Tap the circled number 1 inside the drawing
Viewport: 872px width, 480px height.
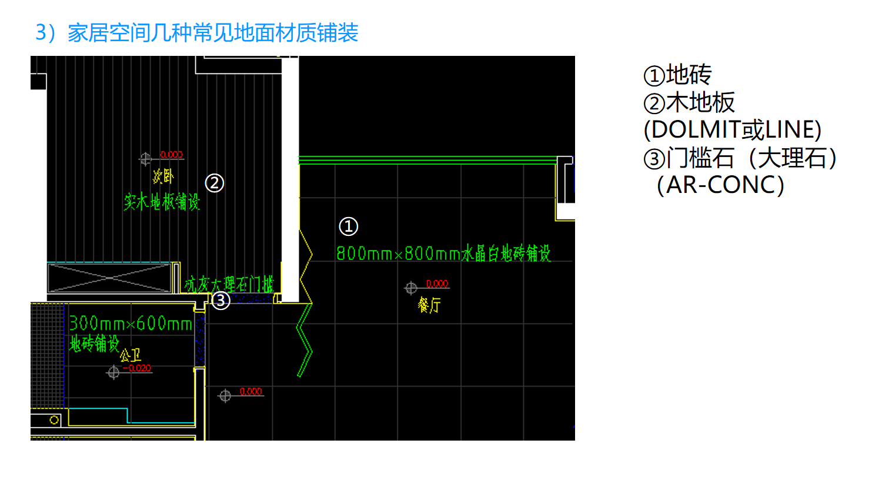pos(348,226)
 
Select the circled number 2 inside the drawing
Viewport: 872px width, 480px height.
pos(214,183)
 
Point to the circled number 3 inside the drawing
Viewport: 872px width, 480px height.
pos(220,301)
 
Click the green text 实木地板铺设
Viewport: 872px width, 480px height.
pos(162,202)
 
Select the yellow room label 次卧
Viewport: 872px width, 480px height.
pos(163,176)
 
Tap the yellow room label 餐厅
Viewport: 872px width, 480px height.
pos(429,305)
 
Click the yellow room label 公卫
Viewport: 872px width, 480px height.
pos(131,355)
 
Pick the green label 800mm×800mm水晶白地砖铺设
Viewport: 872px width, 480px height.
pos(443,254)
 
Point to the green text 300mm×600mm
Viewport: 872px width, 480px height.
pos(131,324)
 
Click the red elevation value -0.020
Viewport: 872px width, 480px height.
pos(139,368)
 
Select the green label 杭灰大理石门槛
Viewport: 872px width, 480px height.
pos(229,285)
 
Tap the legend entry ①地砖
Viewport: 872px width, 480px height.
pos(677,75)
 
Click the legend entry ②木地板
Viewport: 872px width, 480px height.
pos(689,103)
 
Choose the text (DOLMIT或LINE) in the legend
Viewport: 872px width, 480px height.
pos(732,130)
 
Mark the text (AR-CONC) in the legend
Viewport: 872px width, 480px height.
pos(720,185)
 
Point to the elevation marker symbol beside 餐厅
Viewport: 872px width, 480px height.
pos(411,288)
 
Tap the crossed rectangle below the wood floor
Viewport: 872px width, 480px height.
pos(109,278)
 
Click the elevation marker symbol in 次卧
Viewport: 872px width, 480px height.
pos(145,159)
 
